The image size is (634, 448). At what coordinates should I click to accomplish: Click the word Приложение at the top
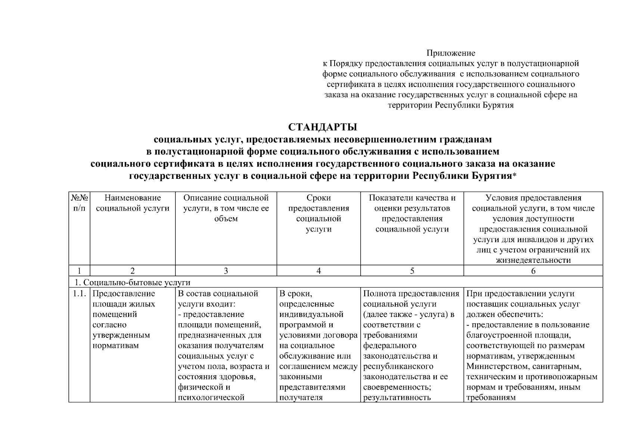451,53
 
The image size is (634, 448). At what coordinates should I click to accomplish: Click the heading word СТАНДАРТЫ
323,127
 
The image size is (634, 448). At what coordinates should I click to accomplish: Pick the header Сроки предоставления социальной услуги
318,213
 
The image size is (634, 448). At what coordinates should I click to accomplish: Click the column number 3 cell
226,271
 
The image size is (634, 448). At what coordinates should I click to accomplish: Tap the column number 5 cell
412,271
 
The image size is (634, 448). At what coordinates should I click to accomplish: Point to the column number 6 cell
533,271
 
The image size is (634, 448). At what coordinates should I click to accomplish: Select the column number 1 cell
79,271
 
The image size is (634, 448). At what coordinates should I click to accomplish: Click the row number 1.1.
79,294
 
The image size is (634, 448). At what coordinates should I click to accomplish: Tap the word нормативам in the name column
115,346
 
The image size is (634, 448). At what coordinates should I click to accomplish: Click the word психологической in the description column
211,398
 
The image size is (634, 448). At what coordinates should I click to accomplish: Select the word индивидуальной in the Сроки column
311,314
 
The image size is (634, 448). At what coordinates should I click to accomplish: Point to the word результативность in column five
397,398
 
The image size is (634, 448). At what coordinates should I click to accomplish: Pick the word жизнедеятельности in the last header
533,260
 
